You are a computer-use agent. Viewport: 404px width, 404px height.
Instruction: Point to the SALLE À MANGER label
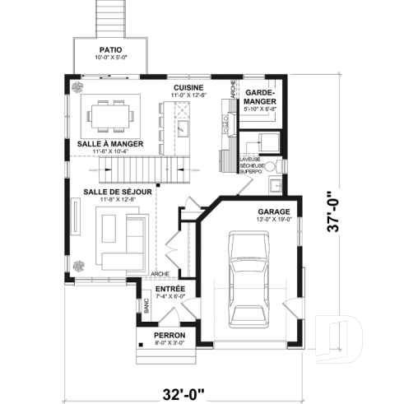coord(110,143)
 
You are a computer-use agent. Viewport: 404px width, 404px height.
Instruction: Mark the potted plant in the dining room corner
coord(76,86)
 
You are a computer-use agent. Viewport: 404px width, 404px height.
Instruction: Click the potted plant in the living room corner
coord(79,265)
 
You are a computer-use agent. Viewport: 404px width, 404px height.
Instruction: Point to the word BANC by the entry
coord(146,309)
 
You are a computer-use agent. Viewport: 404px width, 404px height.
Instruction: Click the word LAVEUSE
coord(250,158)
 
